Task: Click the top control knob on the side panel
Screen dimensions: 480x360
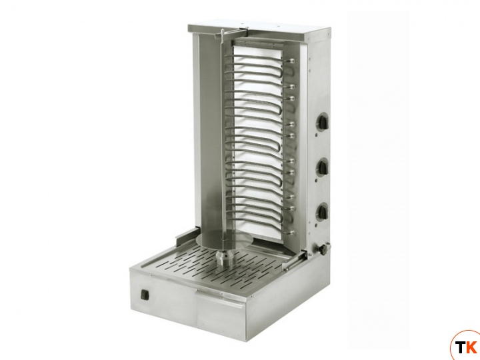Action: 323,121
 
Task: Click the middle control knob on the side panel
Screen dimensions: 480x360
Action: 323,167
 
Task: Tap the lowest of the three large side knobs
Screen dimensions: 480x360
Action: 323,211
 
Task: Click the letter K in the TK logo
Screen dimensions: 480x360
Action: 473,347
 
